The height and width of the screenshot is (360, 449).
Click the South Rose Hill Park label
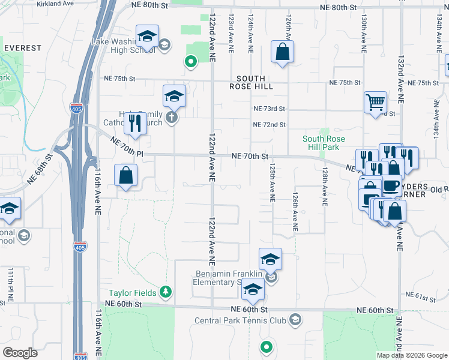pyautogui.click(x=324, y=143)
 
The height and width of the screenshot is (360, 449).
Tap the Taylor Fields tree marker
pyautogui.click(x=166, y=293)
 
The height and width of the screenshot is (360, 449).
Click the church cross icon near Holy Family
pyautogui.click(x=172, y=117)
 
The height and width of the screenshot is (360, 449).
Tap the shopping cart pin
pyautogui.click(x=375, y=101)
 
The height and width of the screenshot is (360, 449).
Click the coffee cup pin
pyautogui.click(x=391, y=185)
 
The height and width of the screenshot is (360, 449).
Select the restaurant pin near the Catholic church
pyautogui.click(x=135, y=123)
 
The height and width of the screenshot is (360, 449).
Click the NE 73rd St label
pyautogui.click(x=268, y=109)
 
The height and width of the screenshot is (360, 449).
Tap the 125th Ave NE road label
pyautogui.click(x=273, y=183)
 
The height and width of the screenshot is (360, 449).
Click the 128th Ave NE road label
pyautogui.click(x=324, y=188)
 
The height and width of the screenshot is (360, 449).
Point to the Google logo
pyautogui.click(x=20, y=353)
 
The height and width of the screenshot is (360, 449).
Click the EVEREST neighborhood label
pyautogui.click(x=23, y=48)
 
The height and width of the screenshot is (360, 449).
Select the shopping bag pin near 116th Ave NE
pyautogui.click(x=126, y=176)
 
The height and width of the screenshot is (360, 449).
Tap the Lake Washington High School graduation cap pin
pyautogui.click(x=146, y=37)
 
